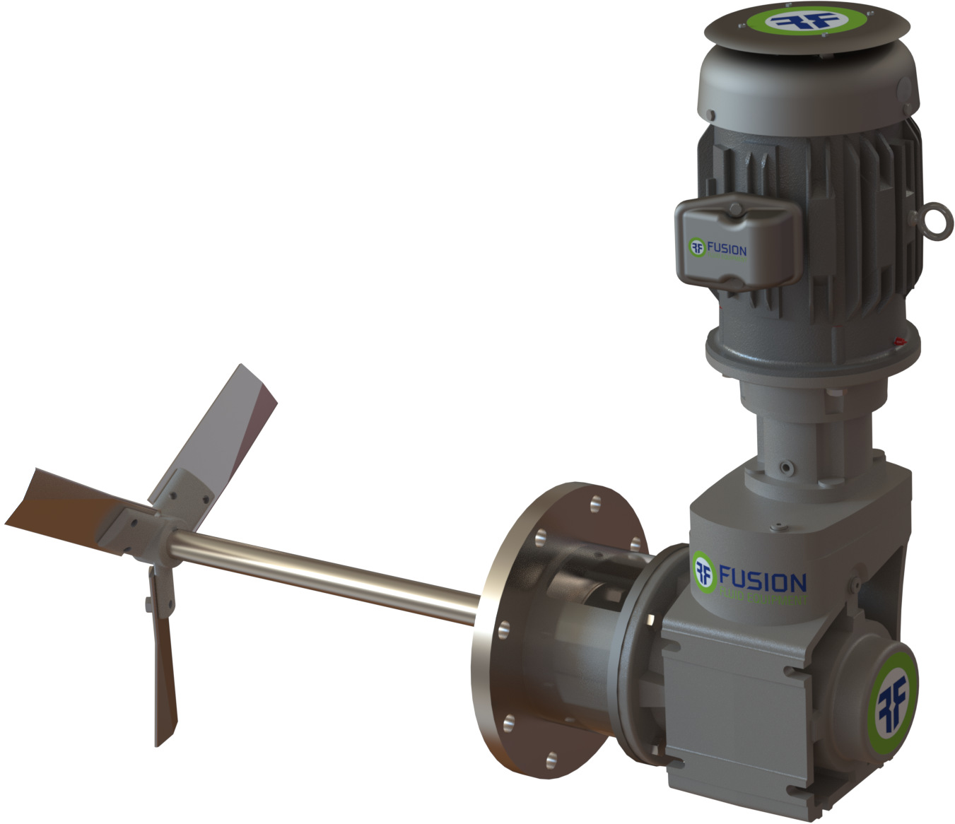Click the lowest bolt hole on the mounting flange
tap(552, 759)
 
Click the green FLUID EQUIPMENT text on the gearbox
tap(761, 599)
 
